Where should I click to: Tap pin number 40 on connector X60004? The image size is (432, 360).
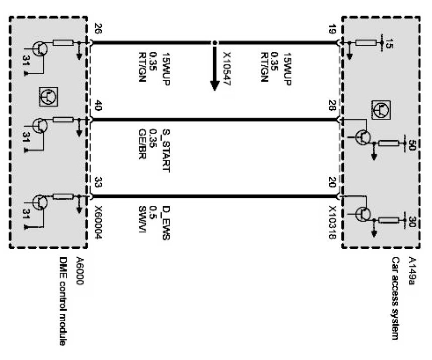[98, 107]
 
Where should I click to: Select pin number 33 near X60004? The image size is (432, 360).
[98, 182]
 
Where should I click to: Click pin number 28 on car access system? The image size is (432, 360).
[332, 107]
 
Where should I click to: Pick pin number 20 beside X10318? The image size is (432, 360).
[332, 182]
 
